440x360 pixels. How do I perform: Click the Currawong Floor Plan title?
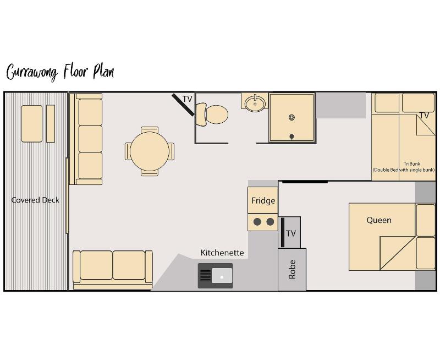tap(60, 72)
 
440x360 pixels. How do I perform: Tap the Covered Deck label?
tap(35, 200)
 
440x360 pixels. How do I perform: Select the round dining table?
tap(150, 151)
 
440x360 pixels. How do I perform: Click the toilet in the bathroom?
tap(212, 114)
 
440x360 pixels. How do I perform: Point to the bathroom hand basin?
tap(255, 103)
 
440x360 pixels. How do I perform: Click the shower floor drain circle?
tap(291, 117)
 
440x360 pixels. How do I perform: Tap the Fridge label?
tap(263, 200)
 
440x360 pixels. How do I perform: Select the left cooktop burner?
tap(257, 222)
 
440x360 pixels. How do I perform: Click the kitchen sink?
tap(216, 276)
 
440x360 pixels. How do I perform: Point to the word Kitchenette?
tap(222, 253)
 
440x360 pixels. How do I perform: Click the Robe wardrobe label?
tap(292, 270)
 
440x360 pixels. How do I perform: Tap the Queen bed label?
tap(379, 220)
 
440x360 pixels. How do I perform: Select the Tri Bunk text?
tap(412, 163)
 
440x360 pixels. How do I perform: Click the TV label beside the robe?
tap(291, 233)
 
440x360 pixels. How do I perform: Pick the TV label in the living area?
tap(188, 99)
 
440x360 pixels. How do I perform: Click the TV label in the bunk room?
tap(424, 116)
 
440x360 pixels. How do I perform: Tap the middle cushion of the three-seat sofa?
tap(90, 139)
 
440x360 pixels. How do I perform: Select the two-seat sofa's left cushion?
tap(96, 265)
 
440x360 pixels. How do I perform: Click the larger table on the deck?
tap(32, 123)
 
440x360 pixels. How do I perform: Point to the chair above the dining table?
tap(150, 130)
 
